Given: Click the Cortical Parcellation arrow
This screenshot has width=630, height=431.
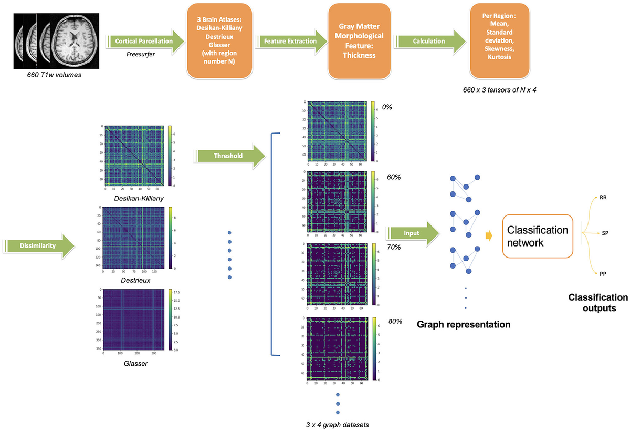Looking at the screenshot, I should pyautogui.click(x=145, y=40).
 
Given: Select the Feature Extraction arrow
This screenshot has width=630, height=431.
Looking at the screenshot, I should pyautogui.click(x=289, y=40).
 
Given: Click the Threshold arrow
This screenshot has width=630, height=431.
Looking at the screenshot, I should pyautogui.click(x=229, y=156).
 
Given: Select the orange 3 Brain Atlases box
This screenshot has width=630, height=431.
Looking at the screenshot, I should pyautogui.click(x=216, y=41).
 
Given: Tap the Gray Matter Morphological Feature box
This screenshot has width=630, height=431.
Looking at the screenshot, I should pyautogui.click(x=359, y=40).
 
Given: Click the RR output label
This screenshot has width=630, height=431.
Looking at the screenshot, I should pyautogui.click(x=603, y=198).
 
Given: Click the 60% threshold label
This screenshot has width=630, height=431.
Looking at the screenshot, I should pyautogui.click(x=394, y=177).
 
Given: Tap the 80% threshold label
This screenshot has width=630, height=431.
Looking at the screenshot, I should pyautogui.click(x=395, y=321).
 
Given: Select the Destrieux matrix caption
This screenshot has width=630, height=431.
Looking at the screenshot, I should pyautogui.click(x=135, y=281).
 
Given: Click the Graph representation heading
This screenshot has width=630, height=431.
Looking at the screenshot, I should pyautogui.click(x=464, y=325).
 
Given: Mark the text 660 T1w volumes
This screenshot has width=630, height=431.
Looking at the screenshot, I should pyautogui.click(x=51, y=75).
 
